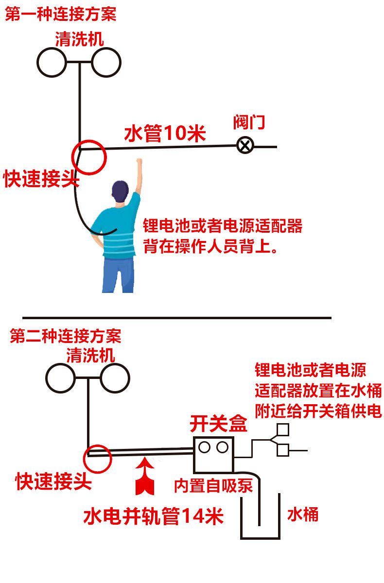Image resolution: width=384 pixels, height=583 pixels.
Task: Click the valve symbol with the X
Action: [245, 145]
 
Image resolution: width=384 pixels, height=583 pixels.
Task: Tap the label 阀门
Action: [249, 122]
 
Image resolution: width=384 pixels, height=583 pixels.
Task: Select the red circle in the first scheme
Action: [88, 157]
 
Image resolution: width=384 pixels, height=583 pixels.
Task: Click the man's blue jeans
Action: [118, 274]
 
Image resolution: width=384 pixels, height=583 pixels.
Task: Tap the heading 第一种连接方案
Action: [61, 14]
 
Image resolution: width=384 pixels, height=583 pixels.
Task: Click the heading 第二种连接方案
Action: [66, 336]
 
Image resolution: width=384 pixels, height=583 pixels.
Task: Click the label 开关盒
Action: [218, 424]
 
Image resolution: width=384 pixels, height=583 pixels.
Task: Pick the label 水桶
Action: [303, 514]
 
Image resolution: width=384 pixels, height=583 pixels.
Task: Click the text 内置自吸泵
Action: [213, 486]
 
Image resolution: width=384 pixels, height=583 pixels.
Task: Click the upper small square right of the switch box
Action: [282, 430]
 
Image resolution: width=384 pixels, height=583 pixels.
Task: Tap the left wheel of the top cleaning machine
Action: [52, 62]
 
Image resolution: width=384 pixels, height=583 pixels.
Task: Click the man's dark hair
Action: [120, 189]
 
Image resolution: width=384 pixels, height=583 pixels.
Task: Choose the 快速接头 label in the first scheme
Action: [41, 179]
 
